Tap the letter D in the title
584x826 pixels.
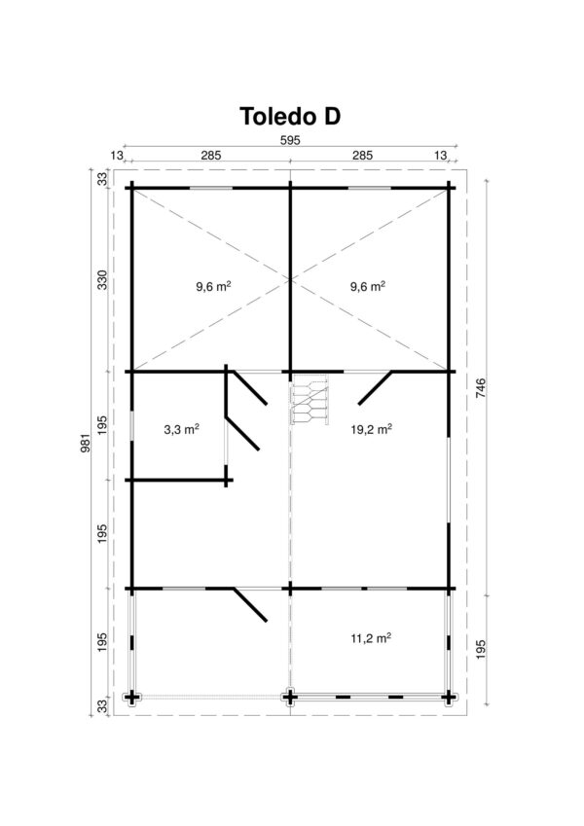point(328,117)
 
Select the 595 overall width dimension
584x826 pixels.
point(290,140)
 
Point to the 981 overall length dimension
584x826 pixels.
point(91,443)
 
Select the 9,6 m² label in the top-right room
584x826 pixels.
point(368,287)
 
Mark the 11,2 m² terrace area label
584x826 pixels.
point(371,639)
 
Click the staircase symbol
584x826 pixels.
point(310,403)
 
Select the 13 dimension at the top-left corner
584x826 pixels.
point(117,155)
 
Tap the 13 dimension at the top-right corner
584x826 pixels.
point(441,155)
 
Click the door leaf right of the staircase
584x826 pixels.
point(375,387)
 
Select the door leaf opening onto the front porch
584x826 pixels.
point(249,604)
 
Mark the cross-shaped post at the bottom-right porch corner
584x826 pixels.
point(449,697)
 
